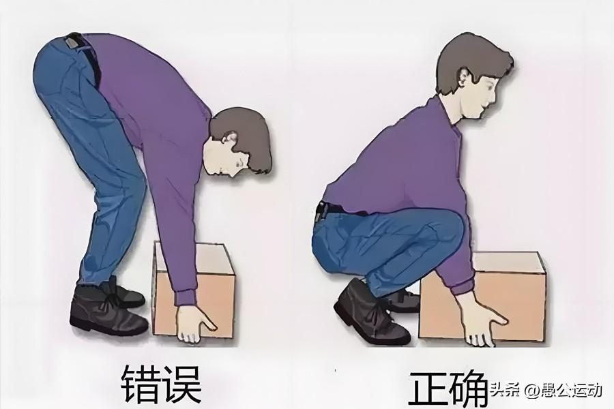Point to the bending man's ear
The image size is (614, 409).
pos(229,139)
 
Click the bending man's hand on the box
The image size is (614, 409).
pos(194,324)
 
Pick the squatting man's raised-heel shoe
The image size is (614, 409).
pos(370,313)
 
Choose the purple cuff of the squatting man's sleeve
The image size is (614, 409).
pos(462,288)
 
